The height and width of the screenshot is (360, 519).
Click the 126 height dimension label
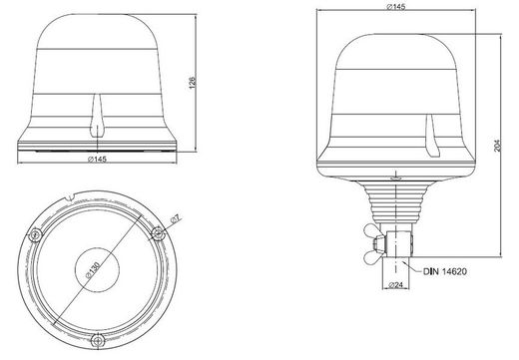(x=193, y=83)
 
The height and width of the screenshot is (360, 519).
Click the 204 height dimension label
(x=497, y=146)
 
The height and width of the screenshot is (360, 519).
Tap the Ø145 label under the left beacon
(x=97, y=159)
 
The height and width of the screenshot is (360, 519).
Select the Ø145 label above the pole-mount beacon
(x=396, y=7)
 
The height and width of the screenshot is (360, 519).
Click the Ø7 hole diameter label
(x=175, y=218)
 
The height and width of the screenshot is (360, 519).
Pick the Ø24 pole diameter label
(x=395, y=285)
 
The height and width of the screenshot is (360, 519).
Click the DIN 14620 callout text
(x=445, y=271)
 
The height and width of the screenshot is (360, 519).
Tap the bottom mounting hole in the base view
(x=98, y=340)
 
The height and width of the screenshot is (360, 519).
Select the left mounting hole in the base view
(x=35, y=235)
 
